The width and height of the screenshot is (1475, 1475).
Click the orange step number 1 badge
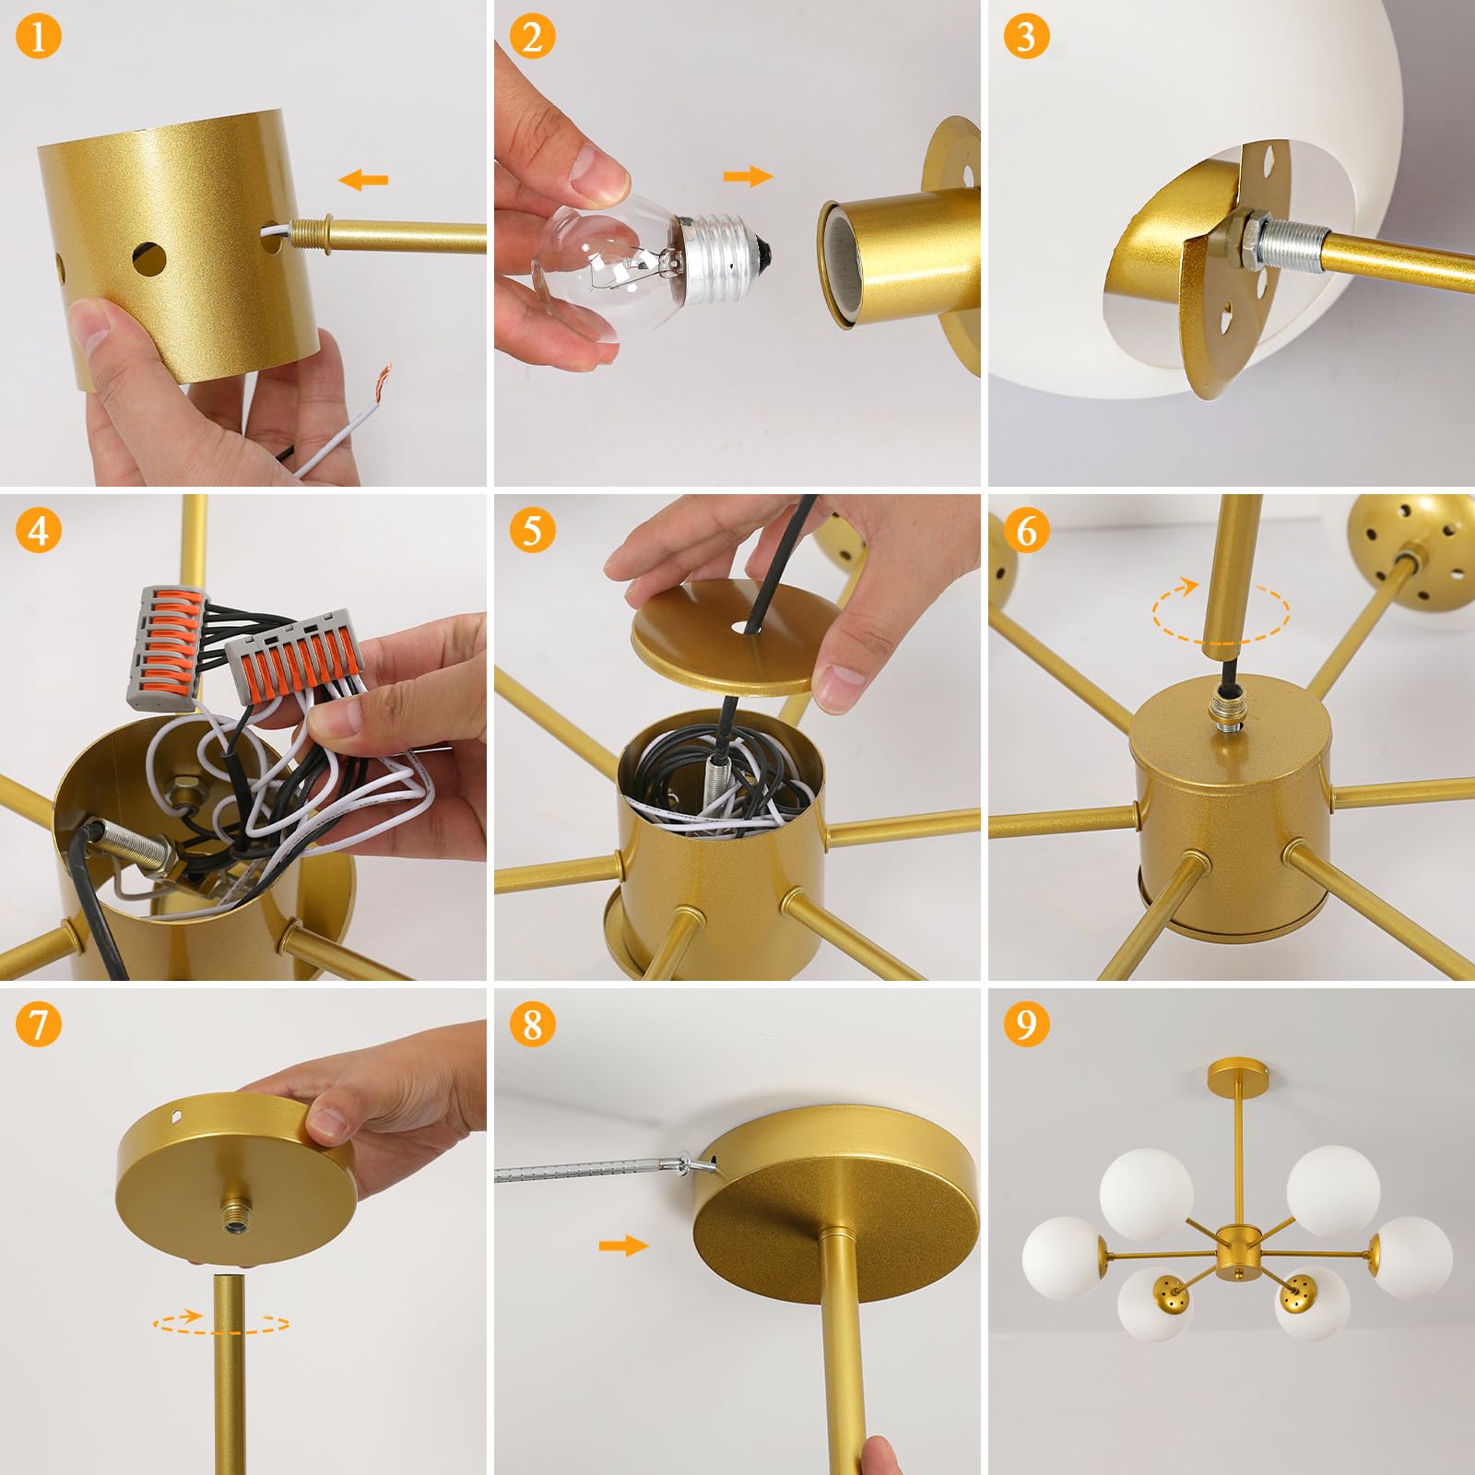pos(38,38)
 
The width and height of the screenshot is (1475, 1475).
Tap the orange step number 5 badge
pos(532,531)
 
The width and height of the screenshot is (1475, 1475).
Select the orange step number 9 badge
pos(1026,1024)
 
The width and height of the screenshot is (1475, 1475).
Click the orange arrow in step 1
pos(363,180)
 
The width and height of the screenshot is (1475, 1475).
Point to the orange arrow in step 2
pos(748,176)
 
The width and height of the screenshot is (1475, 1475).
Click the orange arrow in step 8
pos(623,1246)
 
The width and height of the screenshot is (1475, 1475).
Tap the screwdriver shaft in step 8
pos(590,1170)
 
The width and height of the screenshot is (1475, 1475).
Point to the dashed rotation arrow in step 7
pos(221,1325)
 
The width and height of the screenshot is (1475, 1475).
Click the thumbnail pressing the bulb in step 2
pos(597,172)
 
